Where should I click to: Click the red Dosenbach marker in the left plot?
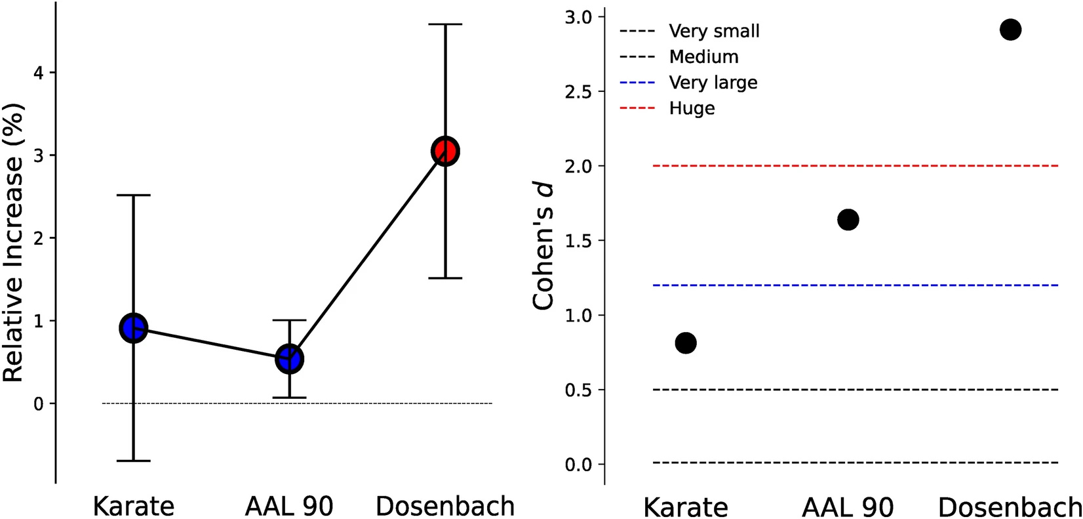(x=445, y=152)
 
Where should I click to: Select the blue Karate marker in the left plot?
(x=134, y=328)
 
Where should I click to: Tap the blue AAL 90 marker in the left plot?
(x=289, y=359)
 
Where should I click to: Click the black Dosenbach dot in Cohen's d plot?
(x=1010, y=30)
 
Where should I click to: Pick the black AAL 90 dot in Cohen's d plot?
(x=848, y=220)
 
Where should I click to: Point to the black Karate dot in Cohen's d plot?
(x=686, y=343)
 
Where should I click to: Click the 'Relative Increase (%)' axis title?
(x=13, y=243)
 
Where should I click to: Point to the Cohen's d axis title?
(x=543, y=247)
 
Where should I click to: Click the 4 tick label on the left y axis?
(x=39, y=72)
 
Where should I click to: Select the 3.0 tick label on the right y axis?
(x=578, y=17)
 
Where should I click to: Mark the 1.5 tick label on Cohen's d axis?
(x=578, y=241)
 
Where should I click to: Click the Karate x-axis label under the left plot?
(x=134, y=507)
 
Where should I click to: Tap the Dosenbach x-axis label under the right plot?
(x=1010, y=508)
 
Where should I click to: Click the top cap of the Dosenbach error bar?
(x=445, y=24)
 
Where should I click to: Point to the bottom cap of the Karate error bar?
(x=134, y=461)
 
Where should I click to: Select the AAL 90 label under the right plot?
(x=848, y=508)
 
